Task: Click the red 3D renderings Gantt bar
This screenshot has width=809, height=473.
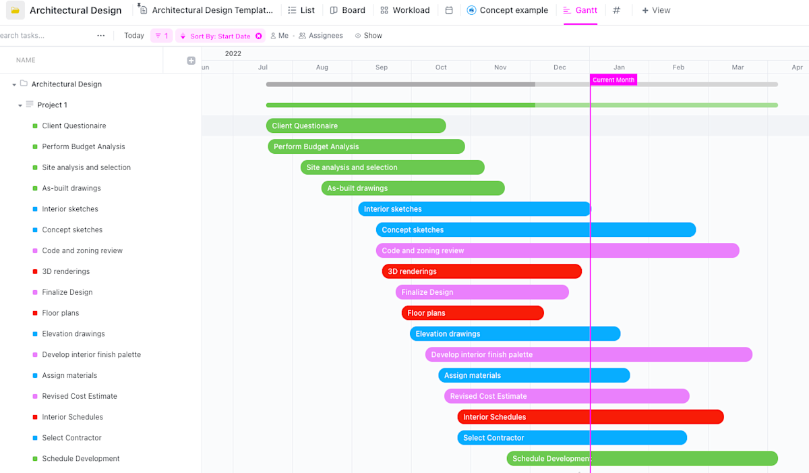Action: pos(481,271)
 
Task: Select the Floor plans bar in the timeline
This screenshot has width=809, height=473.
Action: pos(473,313)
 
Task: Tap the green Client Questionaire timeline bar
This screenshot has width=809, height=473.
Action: pos(356,126)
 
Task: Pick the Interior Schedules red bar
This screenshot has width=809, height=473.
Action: pos(590,417)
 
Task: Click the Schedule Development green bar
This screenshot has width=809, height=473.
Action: pos(642,459)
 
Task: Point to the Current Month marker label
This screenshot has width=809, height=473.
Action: pos(613,80)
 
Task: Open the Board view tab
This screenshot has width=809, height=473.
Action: pos(347,10)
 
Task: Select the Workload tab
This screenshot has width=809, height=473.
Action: pos(404,10)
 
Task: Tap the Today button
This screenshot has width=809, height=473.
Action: pos(134,36)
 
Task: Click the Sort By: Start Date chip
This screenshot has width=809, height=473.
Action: pos(220,36)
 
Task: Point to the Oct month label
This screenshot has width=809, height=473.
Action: pos(441,67)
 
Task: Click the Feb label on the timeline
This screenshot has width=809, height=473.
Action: pos(678,67)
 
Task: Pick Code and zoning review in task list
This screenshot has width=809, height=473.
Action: pos(82,250)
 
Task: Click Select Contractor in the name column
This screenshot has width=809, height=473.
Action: pos(71,438)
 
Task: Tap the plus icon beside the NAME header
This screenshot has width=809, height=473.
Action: pos(191,61)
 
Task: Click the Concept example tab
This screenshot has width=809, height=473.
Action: pos(508,10)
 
